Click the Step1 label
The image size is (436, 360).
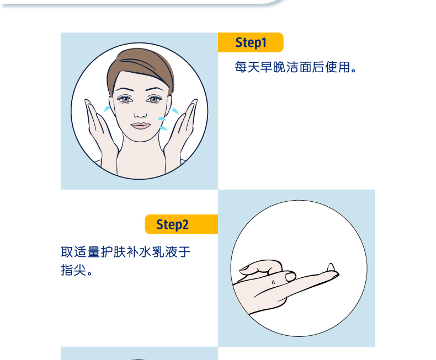251,43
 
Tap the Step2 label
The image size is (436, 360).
172,225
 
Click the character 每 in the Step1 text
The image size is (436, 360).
241,67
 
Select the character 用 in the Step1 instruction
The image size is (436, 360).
344,67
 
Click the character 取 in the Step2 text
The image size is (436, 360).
67,252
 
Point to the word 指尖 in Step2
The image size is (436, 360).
73,270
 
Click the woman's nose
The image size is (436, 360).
140,114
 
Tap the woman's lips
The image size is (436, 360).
140,126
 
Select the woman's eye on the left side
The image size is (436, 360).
125,99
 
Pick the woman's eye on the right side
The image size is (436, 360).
153,99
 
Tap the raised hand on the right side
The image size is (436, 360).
180,135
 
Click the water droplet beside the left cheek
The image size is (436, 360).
107,109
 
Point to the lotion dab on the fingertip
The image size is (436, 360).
331,267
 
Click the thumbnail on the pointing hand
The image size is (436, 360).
290,276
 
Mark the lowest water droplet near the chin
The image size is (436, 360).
163,128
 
